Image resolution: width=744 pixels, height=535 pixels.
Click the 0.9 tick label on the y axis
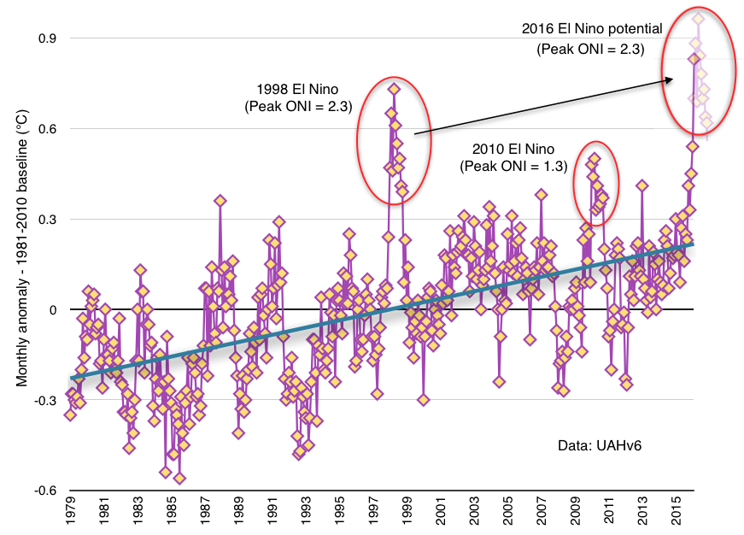(x=46, y=38)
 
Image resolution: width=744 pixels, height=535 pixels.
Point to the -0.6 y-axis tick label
(x=44, y=491)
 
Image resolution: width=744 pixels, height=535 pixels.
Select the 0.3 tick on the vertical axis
(x=46, y=220)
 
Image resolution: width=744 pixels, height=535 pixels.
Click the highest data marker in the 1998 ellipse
(x=394, y=89)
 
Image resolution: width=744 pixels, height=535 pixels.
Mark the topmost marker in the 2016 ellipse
(x=699, y=19)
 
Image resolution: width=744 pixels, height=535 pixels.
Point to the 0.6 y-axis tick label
(x=46, y=129)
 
